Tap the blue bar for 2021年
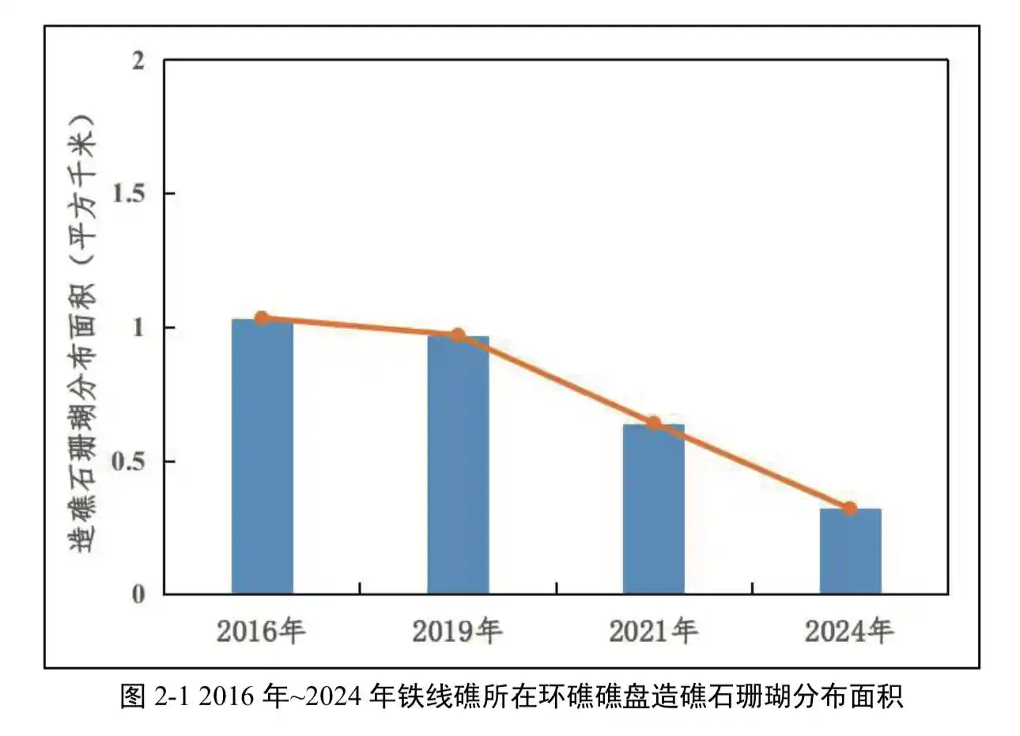[x=653, y=509]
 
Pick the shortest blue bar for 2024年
[x=849, y=551]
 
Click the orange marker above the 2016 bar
[x=262, y=319]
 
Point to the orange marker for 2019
[x=458, y=335]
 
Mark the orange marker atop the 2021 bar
[x=653, y=424]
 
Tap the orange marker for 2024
[x=849, y=508]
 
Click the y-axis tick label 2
[x=138, y=61]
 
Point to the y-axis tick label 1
[x=138, y=327]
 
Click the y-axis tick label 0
[x=138, y=594]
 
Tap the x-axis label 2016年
[x=261, y=632]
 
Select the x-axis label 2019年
[x=457, y=632]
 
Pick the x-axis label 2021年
[x=653, y=632]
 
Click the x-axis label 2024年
[x=849, y=632]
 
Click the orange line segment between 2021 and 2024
[x=751, y=466]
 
